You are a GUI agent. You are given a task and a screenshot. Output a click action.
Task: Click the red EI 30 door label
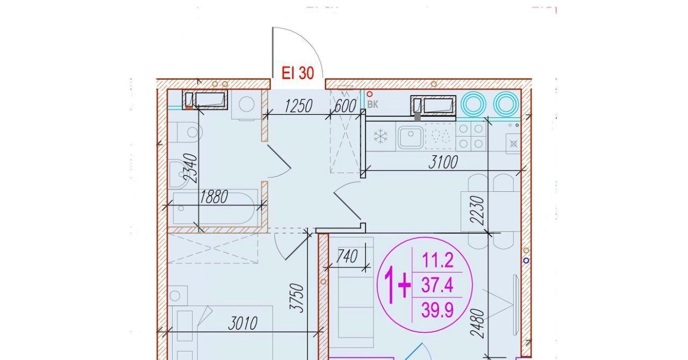[298, 74]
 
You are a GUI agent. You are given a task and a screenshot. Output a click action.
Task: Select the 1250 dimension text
[298, 106]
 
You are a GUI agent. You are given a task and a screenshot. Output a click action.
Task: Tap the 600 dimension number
[345, 106]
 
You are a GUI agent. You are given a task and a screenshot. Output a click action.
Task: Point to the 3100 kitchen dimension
[443, 162]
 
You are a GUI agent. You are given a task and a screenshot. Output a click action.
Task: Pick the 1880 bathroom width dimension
[213, 197]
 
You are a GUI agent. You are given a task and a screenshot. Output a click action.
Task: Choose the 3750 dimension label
[297, 298]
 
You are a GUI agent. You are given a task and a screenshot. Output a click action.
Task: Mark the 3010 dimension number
[242, 323]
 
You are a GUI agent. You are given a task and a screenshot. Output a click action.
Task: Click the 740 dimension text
[347, 256]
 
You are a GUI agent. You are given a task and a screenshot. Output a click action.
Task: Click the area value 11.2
[438, 260]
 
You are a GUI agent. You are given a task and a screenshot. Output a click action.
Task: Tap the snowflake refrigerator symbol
[381, 136]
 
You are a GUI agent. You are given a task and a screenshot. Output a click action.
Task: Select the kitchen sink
[411, 137]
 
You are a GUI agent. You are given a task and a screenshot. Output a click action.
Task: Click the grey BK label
[372, 104]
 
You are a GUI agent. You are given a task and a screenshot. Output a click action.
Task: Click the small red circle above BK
[370, 94]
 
